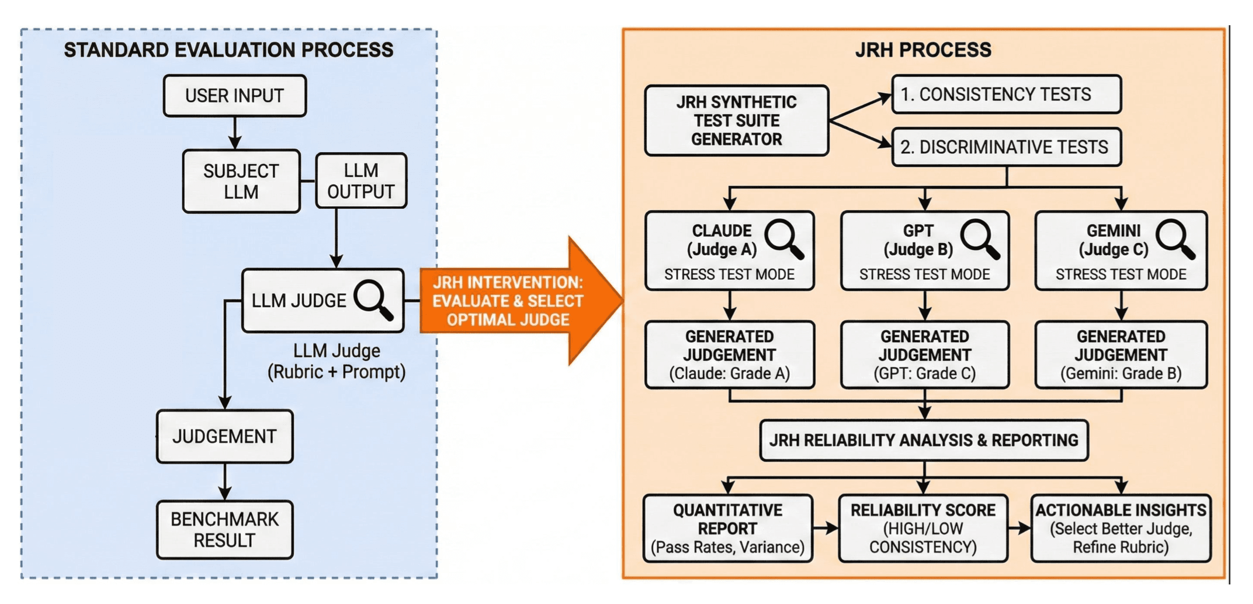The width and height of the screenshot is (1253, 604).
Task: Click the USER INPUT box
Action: pyautogui.click(x=235, y=96)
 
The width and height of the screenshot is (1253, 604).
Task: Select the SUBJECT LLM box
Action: pyautogui.click(x=241, y=181)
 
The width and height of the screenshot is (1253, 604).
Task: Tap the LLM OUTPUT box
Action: pyautogui.click(x=361, y=181)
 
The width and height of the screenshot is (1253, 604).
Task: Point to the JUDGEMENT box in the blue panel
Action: pyautogui.click(x=224, y=436)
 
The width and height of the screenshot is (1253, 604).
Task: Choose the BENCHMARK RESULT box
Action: pyautogui.click(x=224, y=529)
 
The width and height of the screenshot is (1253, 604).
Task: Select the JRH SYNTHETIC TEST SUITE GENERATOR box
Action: pyautogui.click(x=736, y=120)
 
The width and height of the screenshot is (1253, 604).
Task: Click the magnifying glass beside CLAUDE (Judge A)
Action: pyautogui.click(x=783, y=239)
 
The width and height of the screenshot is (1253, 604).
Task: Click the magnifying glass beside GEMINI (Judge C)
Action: pyautogui.click(x=1175, y=239)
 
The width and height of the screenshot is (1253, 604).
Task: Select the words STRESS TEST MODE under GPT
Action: pyautogui.click(x=924, y=274)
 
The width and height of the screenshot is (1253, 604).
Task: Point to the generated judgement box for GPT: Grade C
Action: pyautogui.click(x=924, y=354)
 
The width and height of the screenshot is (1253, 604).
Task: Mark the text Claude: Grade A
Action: pyautogui.click(x=729, y=374)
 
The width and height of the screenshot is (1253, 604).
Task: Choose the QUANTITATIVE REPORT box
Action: pyautogui.click(x=727, y=528)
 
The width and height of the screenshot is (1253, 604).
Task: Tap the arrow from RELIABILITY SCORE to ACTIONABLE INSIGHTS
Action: pyautogui.click(x=1019, y=528)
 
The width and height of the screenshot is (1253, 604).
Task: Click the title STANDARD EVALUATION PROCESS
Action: pyautogui.click(x=228, y=50)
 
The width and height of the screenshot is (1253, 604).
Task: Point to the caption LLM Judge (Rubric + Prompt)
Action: pyautogui.click(x=336, y=361)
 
